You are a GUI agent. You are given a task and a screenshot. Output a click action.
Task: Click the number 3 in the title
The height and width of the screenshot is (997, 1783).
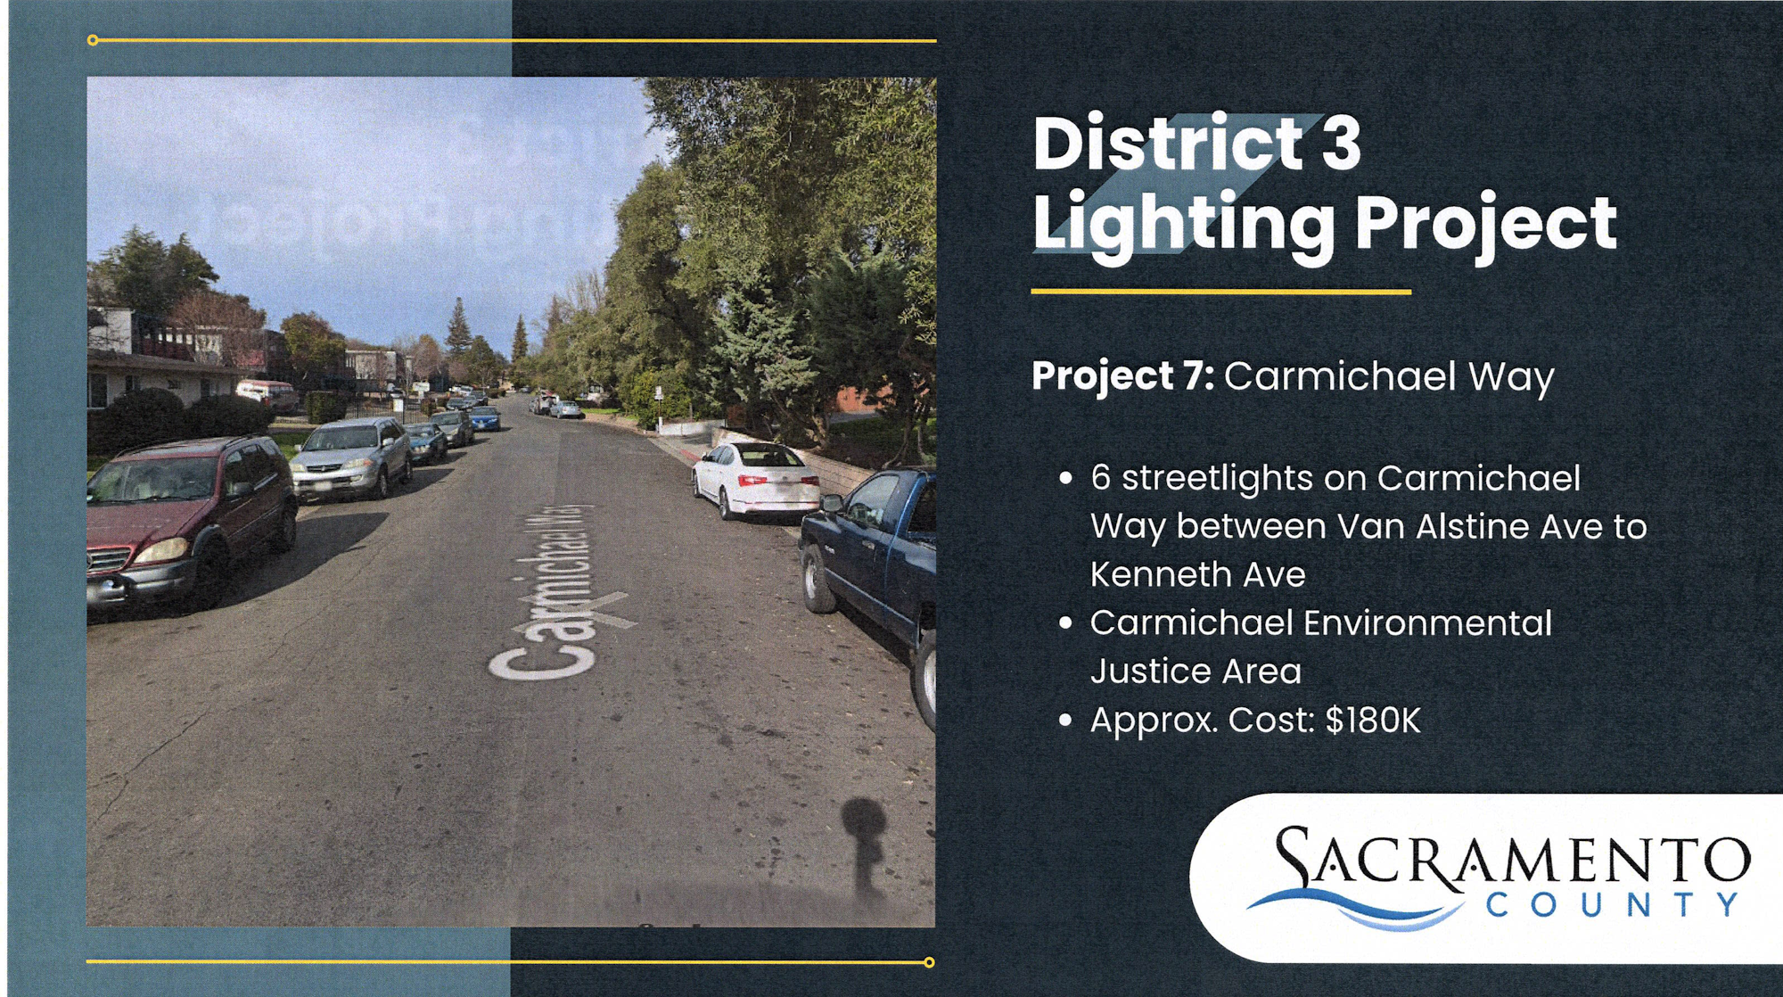[1341, 143]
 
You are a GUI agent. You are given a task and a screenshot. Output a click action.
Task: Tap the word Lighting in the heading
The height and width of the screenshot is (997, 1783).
[1184, 225]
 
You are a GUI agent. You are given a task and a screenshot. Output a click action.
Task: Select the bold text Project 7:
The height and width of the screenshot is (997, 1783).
[1122, 376]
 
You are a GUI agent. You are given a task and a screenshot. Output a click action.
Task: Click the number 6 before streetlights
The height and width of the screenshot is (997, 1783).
[1101, 479]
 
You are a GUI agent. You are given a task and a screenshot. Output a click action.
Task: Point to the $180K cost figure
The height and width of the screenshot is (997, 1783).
[1373, 721]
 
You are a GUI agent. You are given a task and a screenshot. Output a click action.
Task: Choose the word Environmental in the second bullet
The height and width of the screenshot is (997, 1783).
[1427, 623]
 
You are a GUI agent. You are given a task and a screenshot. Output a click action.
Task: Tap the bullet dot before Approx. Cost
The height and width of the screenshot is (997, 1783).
[1065, 721]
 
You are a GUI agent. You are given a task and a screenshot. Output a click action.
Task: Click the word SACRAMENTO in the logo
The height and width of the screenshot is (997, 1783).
[1512, 858]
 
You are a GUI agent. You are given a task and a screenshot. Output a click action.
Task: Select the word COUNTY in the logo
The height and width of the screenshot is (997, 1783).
[1613, 905]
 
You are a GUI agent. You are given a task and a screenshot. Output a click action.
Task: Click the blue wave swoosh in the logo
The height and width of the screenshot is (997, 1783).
[1355, 909]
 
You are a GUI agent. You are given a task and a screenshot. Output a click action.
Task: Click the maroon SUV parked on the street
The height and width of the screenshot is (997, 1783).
[191, 522]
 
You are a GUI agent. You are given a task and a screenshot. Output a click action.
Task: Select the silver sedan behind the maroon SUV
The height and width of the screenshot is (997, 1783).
[350, 457]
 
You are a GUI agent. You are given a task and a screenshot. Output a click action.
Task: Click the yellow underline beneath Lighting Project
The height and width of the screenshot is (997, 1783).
[1221, 292]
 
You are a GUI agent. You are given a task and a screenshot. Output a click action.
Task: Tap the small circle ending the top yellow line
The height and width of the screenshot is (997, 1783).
[93, 40]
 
